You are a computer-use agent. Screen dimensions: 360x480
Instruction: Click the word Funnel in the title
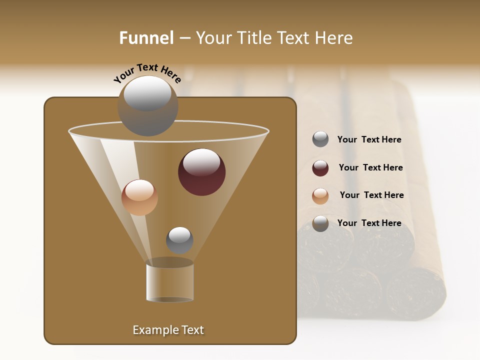[x=146, y=38]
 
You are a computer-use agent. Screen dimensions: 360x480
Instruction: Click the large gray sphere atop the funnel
[x=147, y=105]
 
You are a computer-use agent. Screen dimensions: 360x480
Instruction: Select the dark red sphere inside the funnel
[x=201, y=171]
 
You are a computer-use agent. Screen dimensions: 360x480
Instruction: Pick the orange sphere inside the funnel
[x=139, y=197]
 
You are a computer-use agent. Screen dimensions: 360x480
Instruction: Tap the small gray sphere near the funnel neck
[x=179, y=240]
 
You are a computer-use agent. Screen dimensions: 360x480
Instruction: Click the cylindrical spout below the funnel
[x=170, y=281]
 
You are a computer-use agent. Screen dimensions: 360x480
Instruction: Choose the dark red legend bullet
[x=320, y=168]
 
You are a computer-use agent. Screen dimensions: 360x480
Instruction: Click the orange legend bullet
[x=320, y=196]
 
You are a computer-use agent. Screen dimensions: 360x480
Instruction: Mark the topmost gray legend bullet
[x=320, y=139]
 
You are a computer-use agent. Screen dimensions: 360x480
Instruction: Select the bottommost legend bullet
[x=320, y=223]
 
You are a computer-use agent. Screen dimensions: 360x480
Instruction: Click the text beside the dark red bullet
[x=370, y=167]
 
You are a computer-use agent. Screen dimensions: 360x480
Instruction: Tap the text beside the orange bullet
[x=371, y=195]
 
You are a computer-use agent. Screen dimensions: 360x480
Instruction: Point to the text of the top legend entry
[x=369, y=139]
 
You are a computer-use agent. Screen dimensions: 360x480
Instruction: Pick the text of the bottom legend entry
[x=369, y=223]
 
